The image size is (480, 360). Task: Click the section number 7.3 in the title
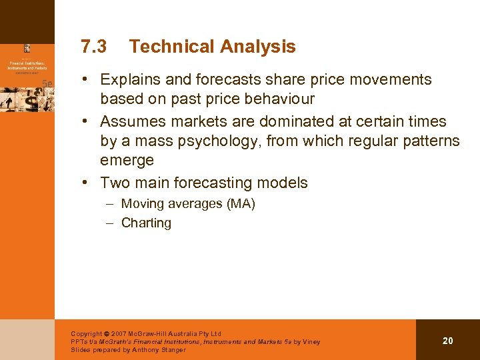pos(93,47)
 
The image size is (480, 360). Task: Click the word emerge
pos(127,161)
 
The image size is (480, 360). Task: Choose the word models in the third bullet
pos(283,183)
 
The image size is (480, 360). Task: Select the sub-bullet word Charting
pos(146,223)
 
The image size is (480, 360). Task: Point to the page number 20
pos(447,341)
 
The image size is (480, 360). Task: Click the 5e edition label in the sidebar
pos(47,83)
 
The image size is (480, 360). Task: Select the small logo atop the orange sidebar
pos(27,48)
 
